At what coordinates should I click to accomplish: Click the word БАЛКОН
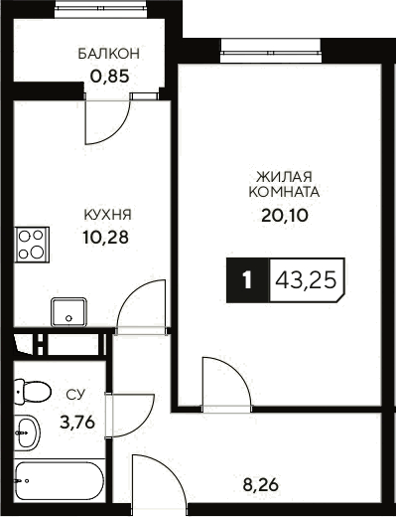point(110,54)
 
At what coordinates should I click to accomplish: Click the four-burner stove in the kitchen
point(33,244)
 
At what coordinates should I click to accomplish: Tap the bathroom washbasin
point(28,433)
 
